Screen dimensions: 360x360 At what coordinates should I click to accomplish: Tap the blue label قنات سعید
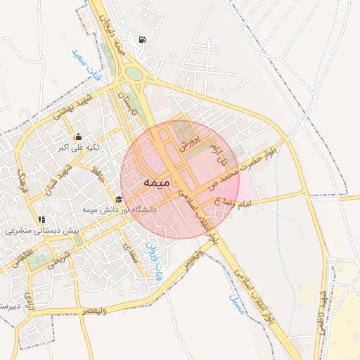coord(83,51)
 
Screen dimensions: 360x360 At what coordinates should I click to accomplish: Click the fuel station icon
coord(143,40)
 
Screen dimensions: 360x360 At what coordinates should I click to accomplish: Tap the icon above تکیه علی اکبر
coord(77,137)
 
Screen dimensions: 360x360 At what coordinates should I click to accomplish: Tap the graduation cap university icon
coord(119,199)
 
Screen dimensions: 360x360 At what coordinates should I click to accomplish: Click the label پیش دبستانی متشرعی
coord(42,231)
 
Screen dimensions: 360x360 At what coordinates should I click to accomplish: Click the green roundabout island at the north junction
coord(134,74)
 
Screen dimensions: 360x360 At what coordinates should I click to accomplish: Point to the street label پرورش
coord(186,138)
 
